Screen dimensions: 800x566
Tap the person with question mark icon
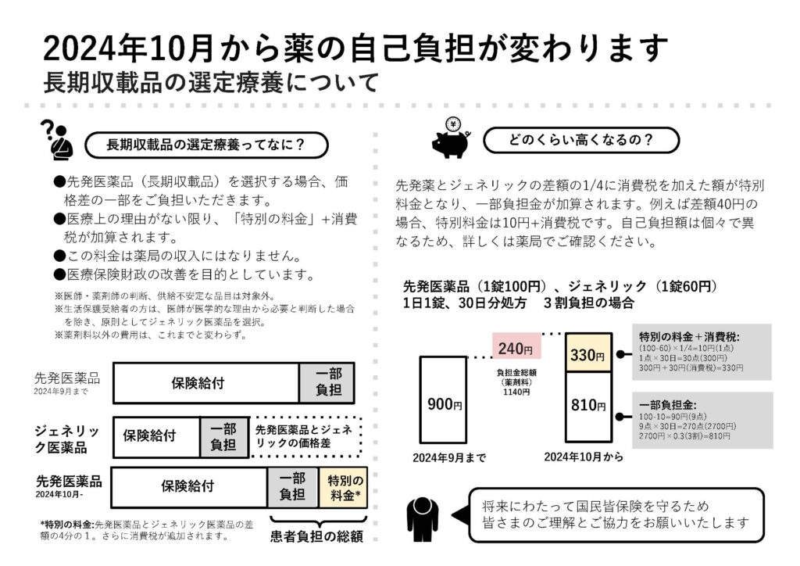[x=57, y=141]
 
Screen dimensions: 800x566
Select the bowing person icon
[x=423, y=519]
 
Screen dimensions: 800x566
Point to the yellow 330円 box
[x=587, y=353]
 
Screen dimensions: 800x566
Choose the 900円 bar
[x=443, y=399]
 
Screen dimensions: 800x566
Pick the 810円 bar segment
[x=587, y=407]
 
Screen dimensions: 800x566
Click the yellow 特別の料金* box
[x=344, y=488]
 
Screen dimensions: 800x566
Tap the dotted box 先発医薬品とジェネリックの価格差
[x=305, y=436]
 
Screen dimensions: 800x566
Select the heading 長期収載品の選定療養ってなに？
[x=205, y=145]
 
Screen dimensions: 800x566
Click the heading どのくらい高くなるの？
[x=580, y=140]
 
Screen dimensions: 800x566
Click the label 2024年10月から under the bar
[x=583, y=457]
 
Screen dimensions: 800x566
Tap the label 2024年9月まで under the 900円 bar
[x=449, y=458]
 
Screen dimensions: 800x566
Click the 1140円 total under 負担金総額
[x=516, y=392]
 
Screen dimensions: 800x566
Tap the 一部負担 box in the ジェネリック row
[x=223, y=437]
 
